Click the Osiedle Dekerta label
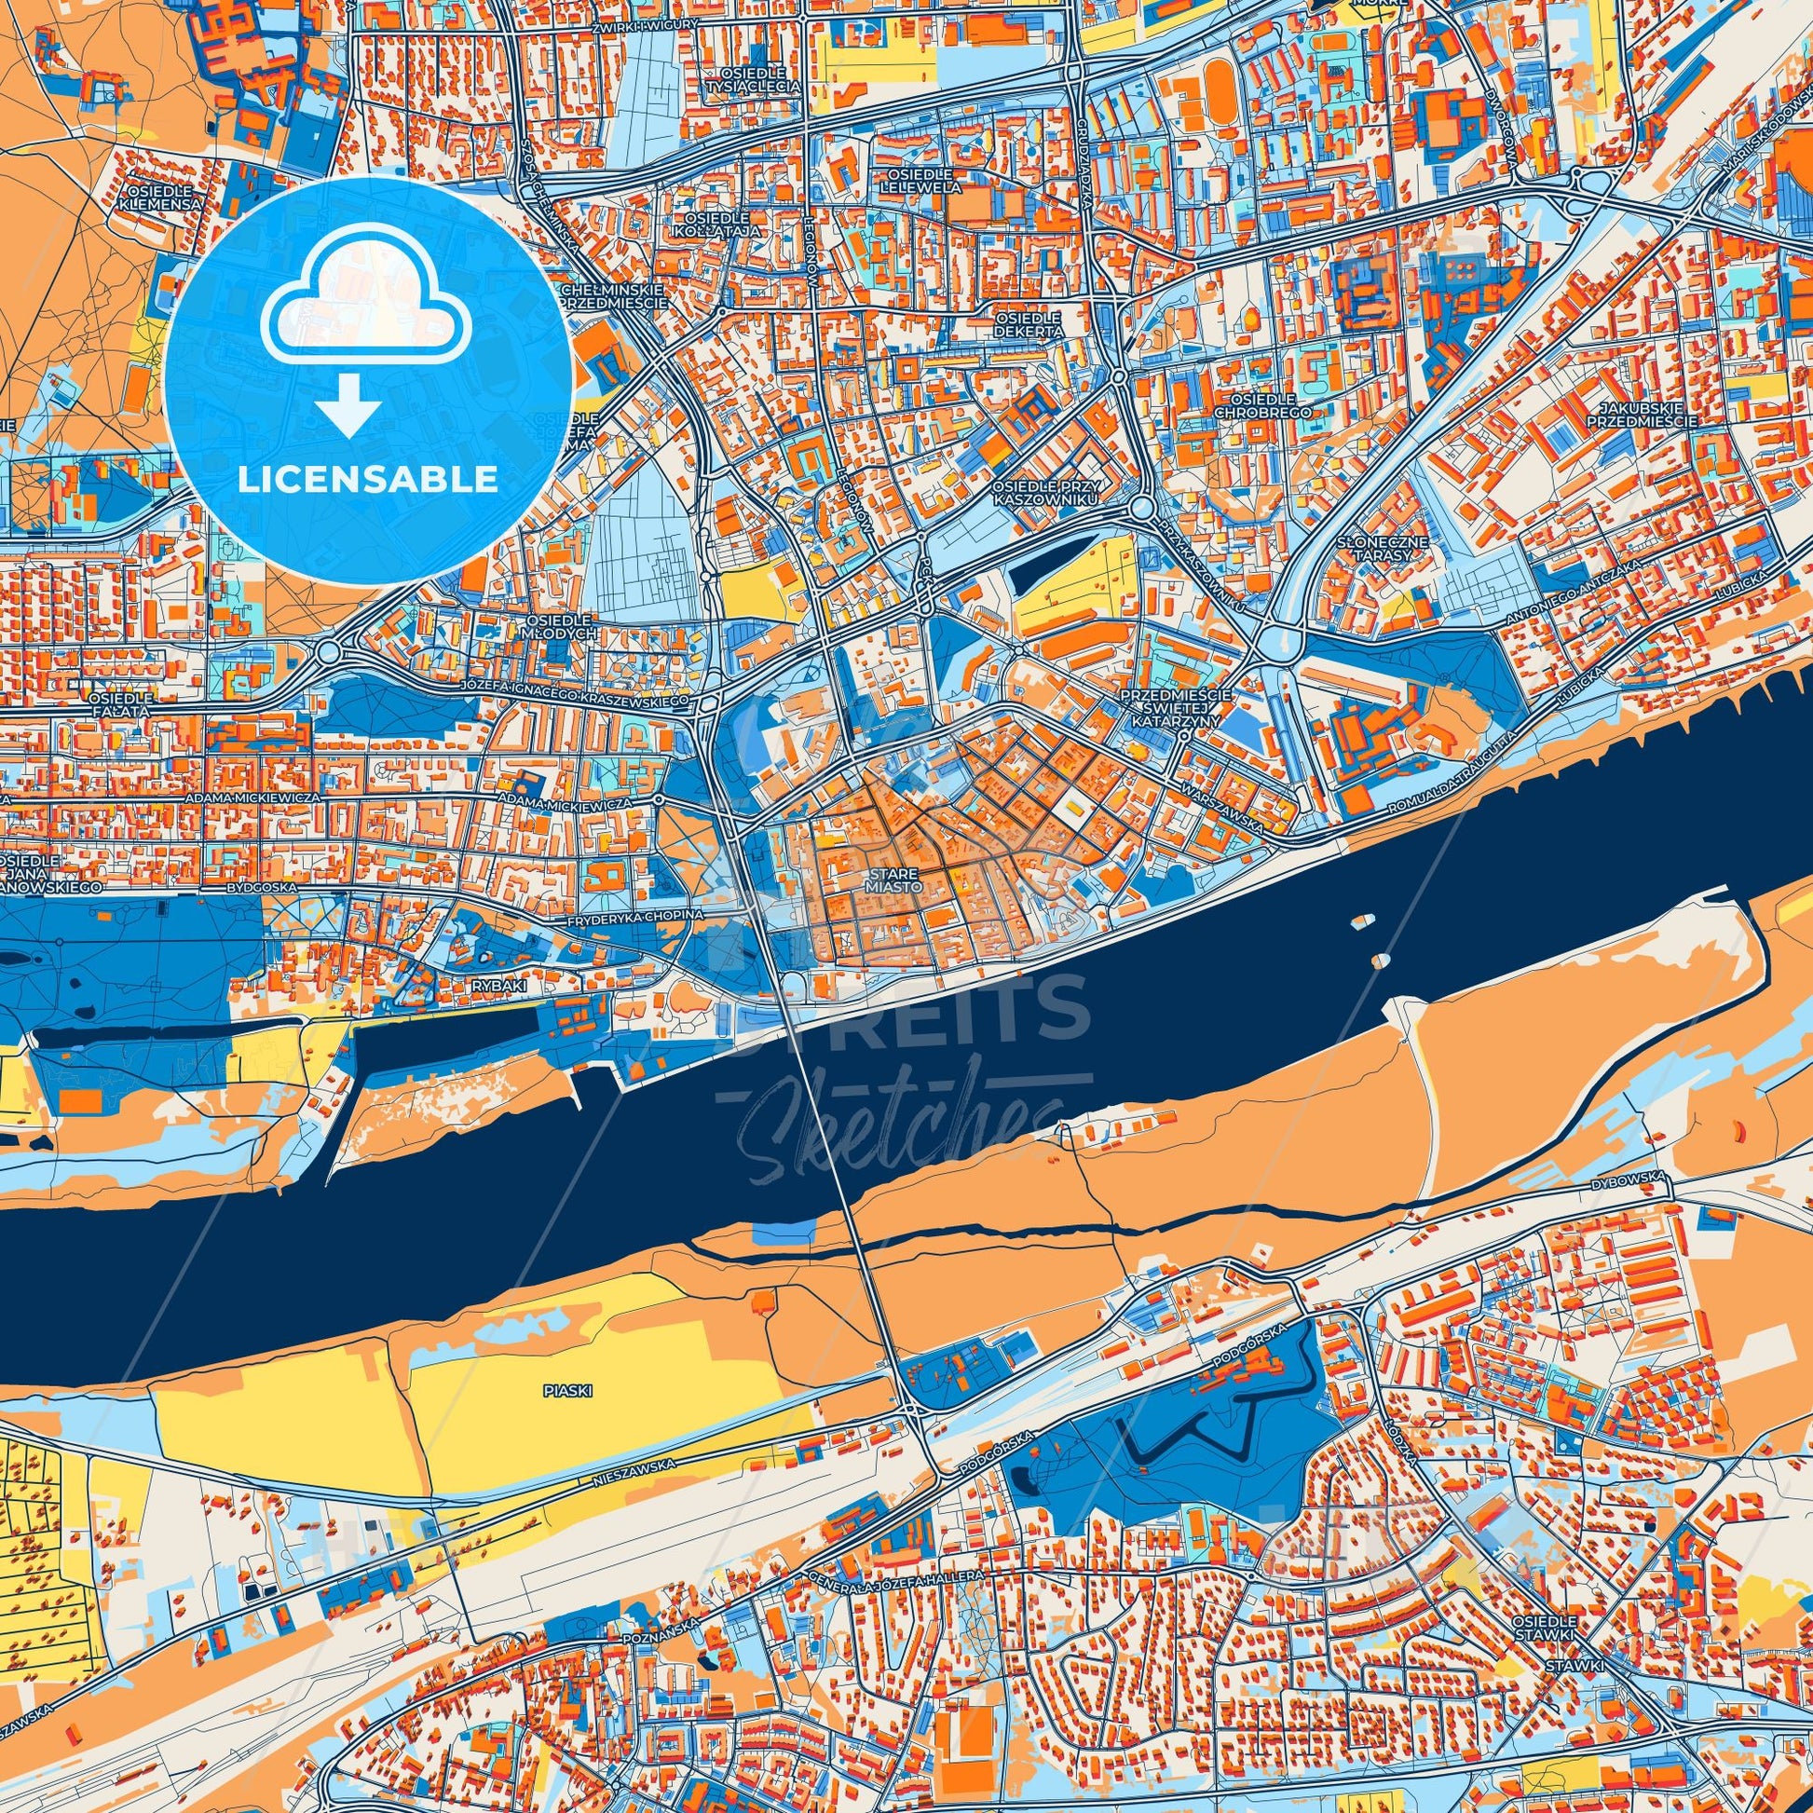[x=1029, y=325]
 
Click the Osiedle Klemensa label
[x=161, y=197]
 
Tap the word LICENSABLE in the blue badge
[x=367, y=480]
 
